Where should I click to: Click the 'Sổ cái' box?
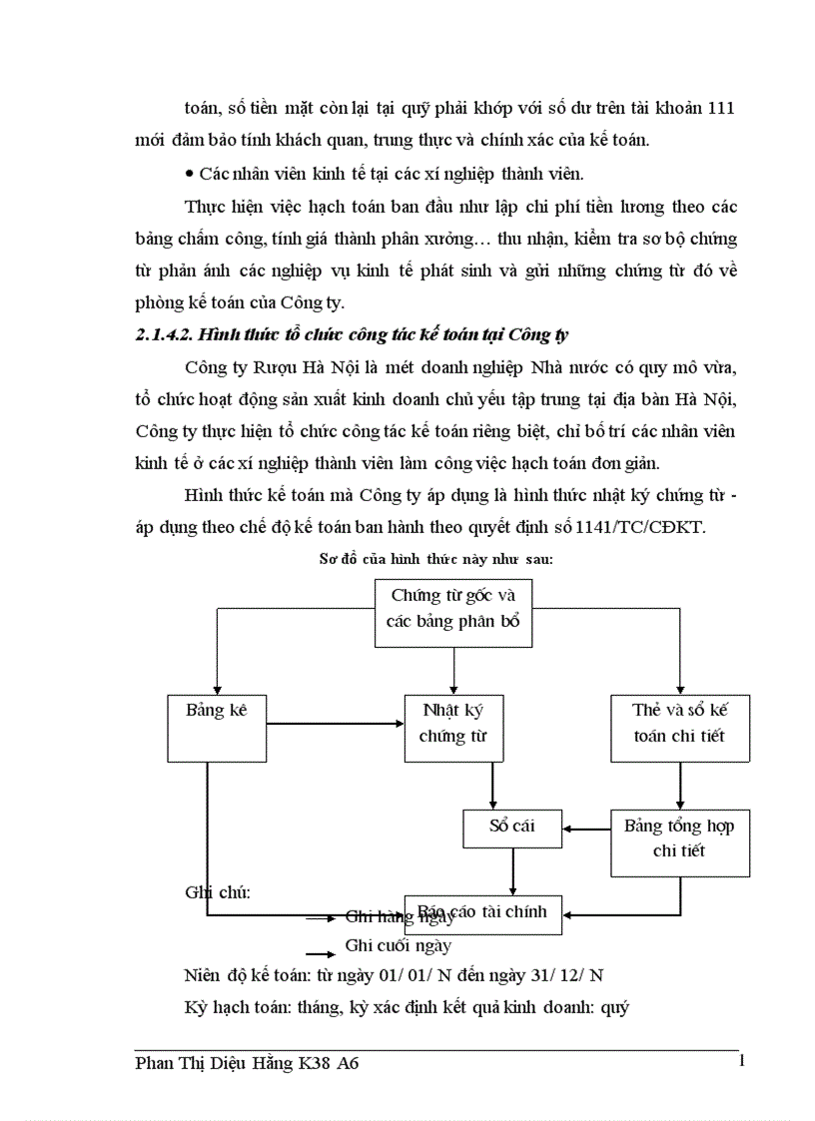[512, 827]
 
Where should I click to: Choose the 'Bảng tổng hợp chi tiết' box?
[680, 839]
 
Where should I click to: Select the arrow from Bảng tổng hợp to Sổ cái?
[586, 827]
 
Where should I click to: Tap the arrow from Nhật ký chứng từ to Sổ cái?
[492, 790]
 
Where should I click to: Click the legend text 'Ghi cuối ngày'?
[398, 944]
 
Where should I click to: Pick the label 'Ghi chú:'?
[218, 891]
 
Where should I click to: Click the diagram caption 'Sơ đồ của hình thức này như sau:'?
[435, 560]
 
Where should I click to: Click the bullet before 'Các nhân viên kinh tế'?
[190, 174]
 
